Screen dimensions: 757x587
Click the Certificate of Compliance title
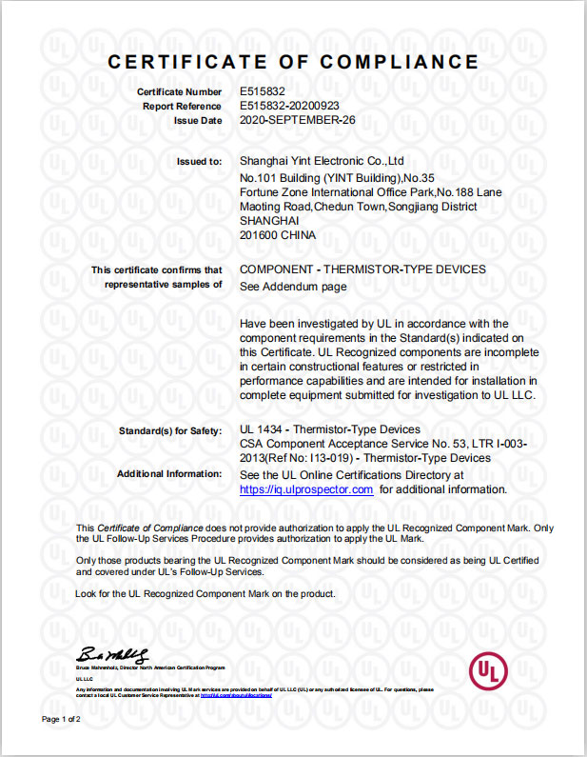click(293, 62)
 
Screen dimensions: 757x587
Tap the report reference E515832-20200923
click(289, 106)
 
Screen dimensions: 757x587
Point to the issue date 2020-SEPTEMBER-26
click(297, 121)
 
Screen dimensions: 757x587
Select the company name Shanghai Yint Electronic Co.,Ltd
click(323, 161)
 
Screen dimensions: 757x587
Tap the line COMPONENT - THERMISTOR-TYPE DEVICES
click(362, 269)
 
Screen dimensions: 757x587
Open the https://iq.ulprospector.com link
click(306, 489)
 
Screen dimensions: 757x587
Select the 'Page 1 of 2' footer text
click(61, 719)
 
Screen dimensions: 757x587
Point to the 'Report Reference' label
click(182, 106)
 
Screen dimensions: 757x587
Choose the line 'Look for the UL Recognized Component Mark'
click(205, 594)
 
